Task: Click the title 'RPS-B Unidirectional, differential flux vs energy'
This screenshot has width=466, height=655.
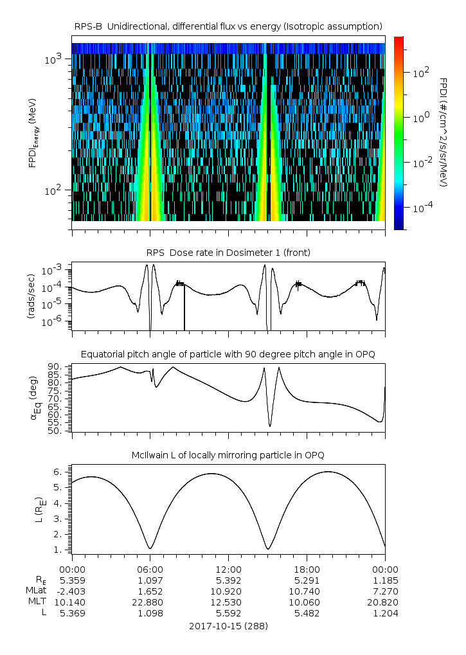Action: point(228,26)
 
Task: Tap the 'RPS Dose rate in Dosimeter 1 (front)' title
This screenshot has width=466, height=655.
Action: point(228,253)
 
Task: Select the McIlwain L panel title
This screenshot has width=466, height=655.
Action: point(228,455)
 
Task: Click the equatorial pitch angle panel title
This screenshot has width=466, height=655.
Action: point(228,354)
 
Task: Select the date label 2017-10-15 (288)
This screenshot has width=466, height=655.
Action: point(228,625)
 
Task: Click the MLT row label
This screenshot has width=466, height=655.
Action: point(36,602)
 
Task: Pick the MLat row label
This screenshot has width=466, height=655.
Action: point(35,591)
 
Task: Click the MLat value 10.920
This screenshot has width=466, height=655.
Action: point(228,591)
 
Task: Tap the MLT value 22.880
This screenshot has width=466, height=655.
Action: point(150,602)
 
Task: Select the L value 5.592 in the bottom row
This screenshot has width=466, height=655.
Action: point(228,613)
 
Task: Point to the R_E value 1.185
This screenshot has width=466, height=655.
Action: point(385,580)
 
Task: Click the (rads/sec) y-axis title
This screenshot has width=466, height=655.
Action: point(30,297)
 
